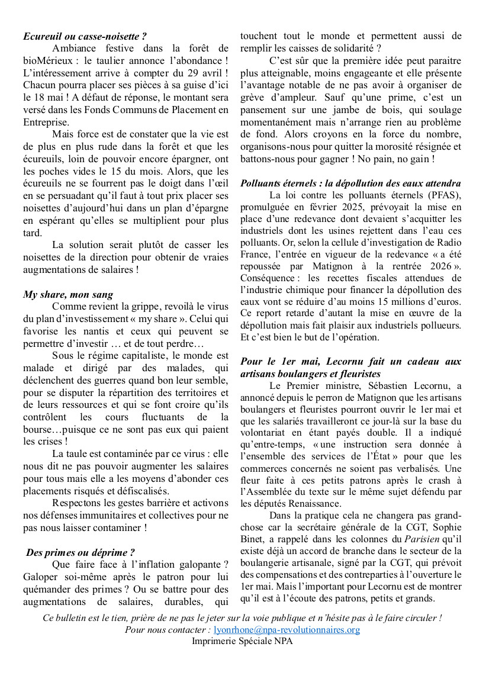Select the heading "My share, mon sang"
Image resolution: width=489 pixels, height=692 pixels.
68,294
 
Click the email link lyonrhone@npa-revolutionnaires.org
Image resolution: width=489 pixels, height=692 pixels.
287,630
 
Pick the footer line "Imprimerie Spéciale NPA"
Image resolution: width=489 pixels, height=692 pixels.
242,640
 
